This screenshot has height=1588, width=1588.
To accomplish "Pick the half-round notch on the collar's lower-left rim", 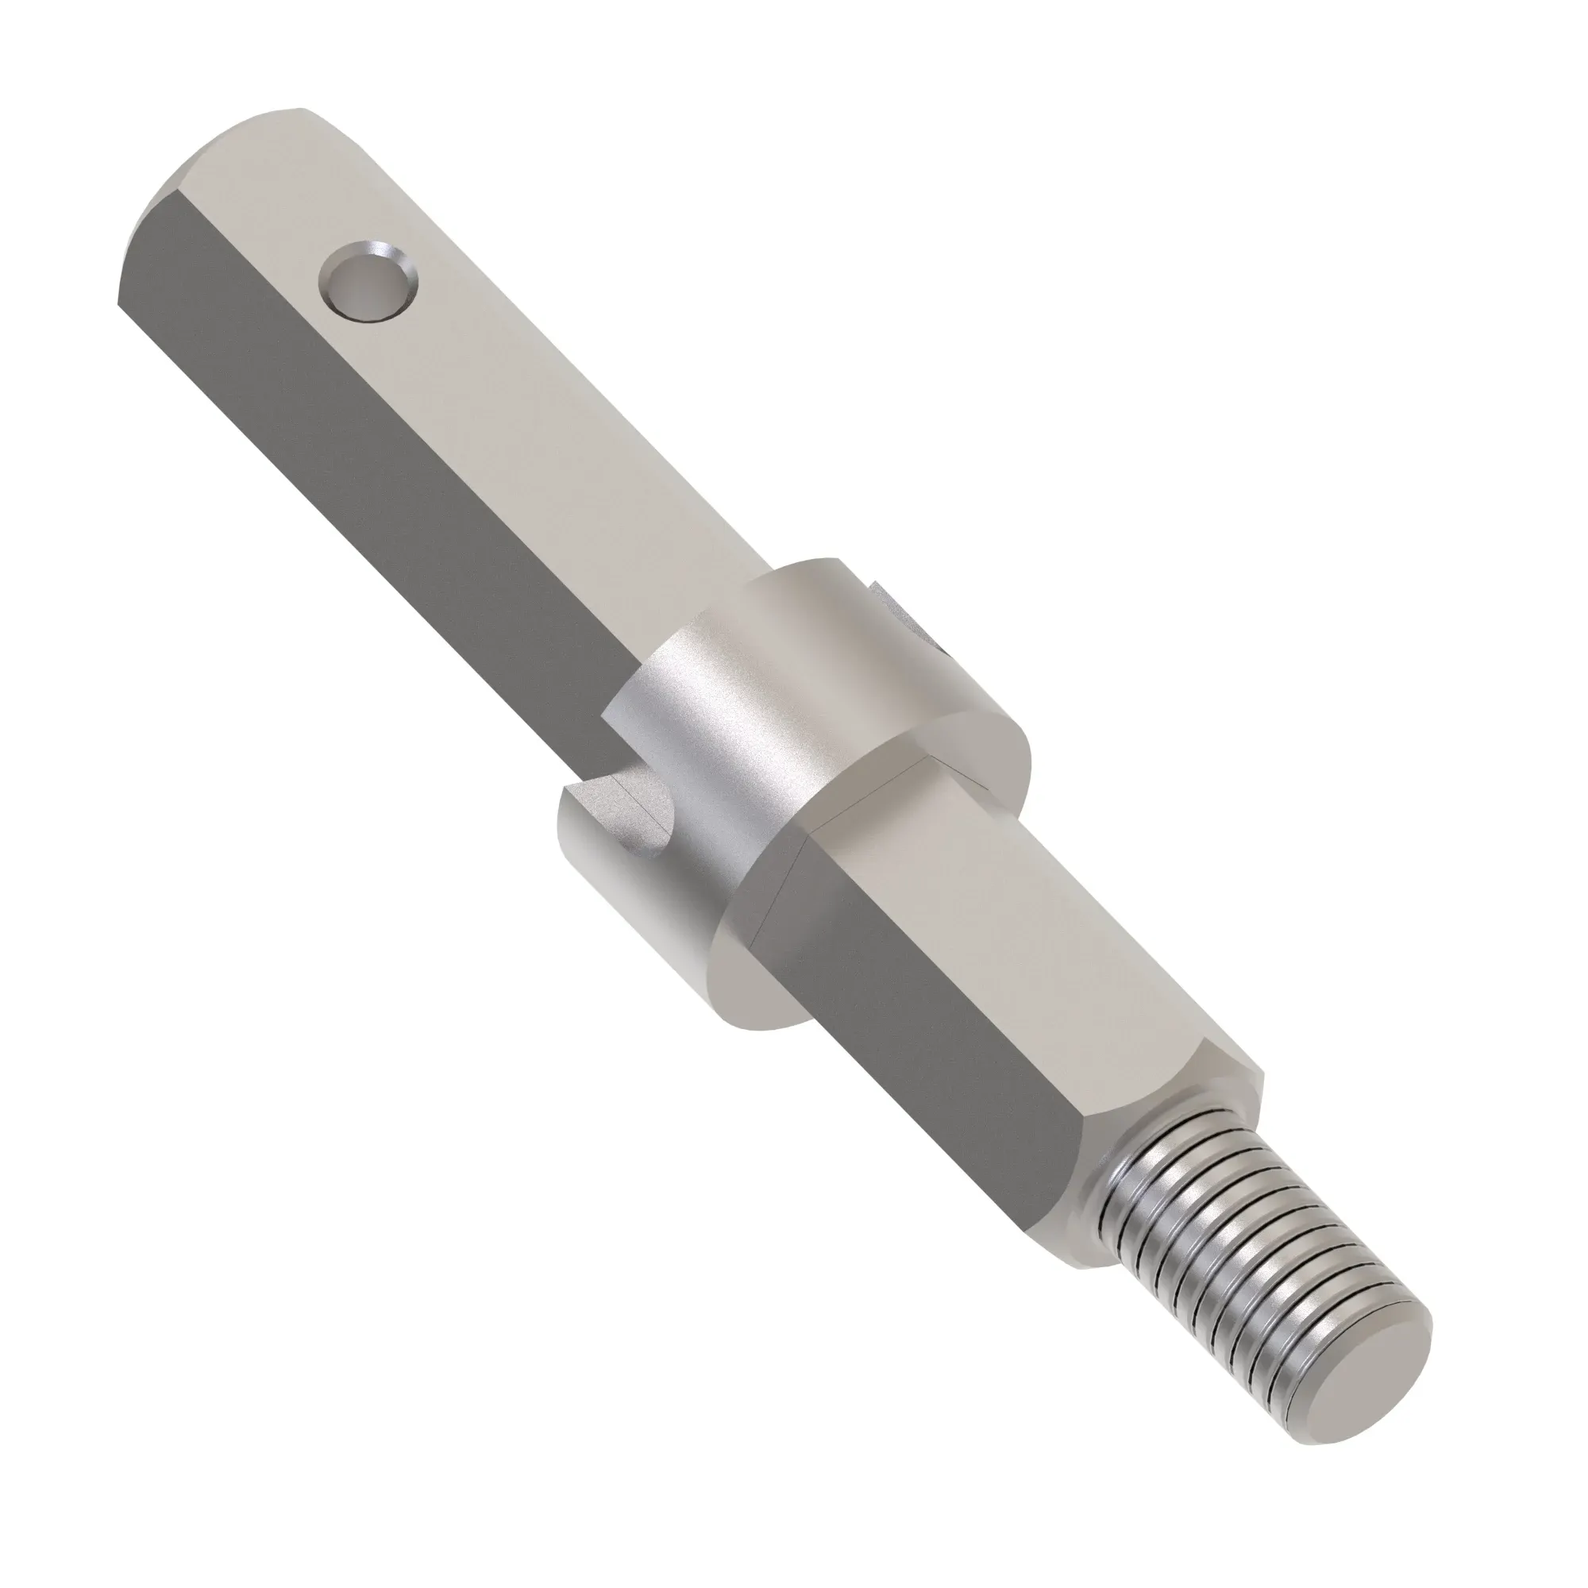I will point(629,814).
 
